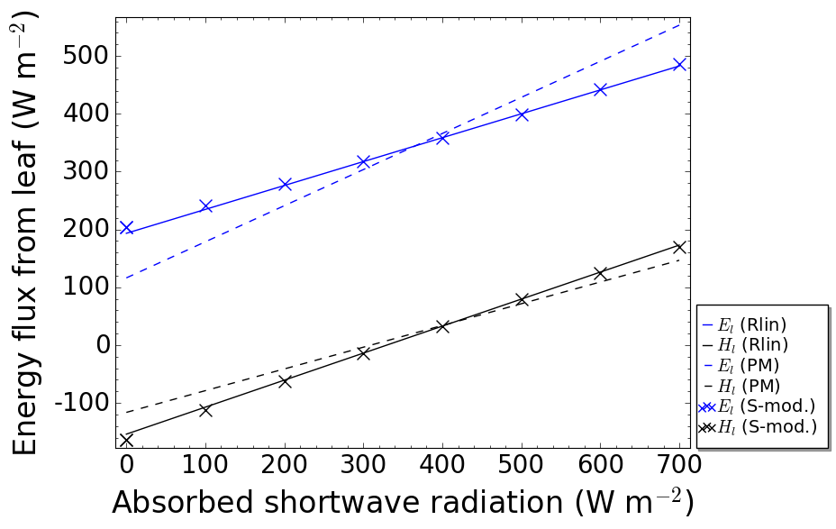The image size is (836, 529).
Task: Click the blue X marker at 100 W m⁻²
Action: (x=205, y=206)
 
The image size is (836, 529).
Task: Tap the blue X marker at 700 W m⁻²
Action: (x=679, y=65)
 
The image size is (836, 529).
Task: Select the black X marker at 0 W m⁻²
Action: (x=127, y=440)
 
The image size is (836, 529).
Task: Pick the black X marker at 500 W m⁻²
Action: (x=522, y=299)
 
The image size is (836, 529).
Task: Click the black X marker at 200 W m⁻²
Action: (x=285, y=381)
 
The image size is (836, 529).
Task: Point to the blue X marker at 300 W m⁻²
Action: (x=364, y=161)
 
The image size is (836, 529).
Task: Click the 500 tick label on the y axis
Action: (x=86, y=56)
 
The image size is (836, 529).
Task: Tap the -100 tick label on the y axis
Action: (x=79, y=402)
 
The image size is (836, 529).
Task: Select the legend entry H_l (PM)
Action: (x=749, y=386)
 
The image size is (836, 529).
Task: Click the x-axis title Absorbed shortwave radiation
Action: (x=403, y=503)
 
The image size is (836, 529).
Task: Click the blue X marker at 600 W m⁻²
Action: (x=601, y=89)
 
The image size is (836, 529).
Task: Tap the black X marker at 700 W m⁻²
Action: (x=679, y=247)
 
